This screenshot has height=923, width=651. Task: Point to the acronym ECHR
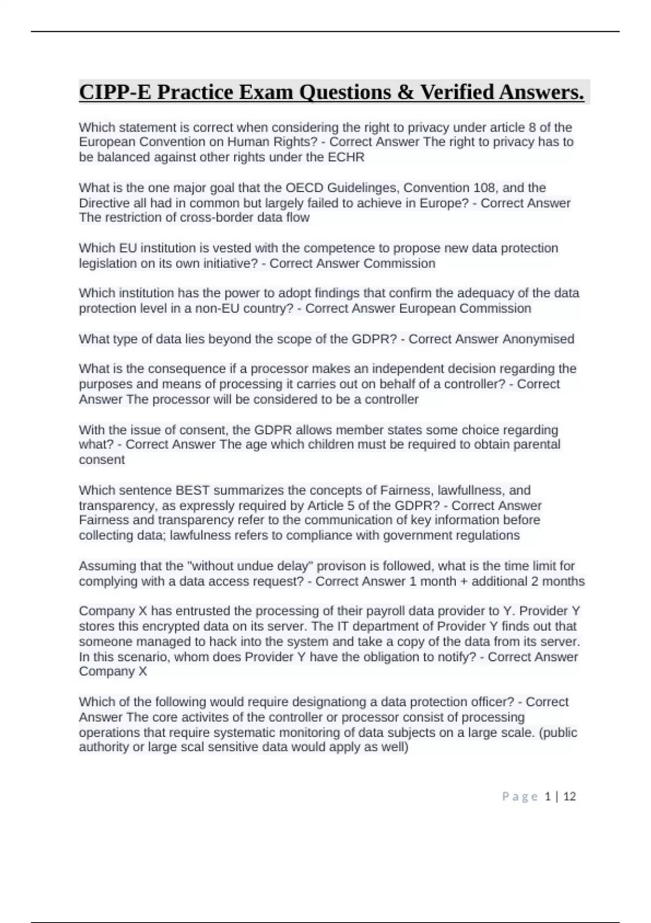(x=346, y=157)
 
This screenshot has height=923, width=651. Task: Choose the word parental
(x=537, y=445)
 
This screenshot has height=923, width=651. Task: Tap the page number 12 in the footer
(x=569, y=796)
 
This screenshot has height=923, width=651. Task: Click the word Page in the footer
(x=520, y=796)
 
